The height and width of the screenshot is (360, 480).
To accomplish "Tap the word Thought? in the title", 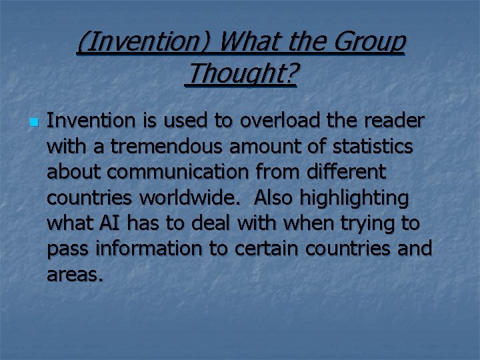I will click(x=241, y=75).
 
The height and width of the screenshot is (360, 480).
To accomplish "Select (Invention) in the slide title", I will click(x=143, y=43).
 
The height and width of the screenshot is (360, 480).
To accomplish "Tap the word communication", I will click(x=177, y=172).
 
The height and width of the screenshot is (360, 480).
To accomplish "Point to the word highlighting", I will click(x=356, y=198).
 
